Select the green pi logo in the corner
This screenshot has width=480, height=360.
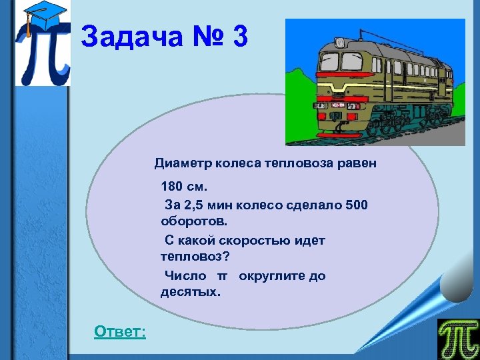click(458, 339)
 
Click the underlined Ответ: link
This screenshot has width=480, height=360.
click(120, 331)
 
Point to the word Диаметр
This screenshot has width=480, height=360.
click(181, 163)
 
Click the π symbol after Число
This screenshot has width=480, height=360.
click(223, 276)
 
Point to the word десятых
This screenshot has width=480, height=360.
click(189, 291)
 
